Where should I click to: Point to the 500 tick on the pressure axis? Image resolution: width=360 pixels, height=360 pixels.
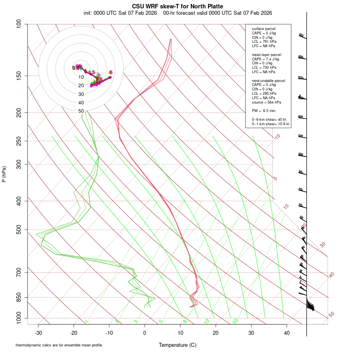pyautogui.click(x=19, y=230)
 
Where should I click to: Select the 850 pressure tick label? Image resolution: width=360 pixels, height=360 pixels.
pyautogui.click(x=19, y=297)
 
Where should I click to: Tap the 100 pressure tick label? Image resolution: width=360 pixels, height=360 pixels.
pyautogui.click(x=19, y=24)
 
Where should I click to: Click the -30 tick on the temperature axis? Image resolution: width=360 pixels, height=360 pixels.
pyautogui.click(x=38, y=332)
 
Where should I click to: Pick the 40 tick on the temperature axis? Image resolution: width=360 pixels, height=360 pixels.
pyautogui.click(x=286, y=332)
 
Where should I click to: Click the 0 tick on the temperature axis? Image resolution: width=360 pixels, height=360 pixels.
pyautogui.click(x=145, y=332)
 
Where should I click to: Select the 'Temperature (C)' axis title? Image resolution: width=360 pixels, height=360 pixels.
pyautogui.click(x=178, y=345)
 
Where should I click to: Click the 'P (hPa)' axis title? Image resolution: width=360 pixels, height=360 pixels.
pyautogui.click(x=4, y=174)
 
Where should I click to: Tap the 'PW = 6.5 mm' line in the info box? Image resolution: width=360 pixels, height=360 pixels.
pyautogui.click(x=264, y=110)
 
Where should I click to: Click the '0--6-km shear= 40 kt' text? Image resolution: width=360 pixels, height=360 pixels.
pyautogui.click(x=269, y=119)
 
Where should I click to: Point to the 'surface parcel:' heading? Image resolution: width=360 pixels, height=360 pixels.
pyautogui.click(x=264, y=29)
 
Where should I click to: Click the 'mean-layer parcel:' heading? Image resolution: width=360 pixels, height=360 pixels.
pyautogui.click(x=267, y=54)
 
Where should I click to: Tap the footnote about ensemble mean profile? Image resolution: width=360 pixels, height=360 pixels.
pyautogui.click(x=59, y=345)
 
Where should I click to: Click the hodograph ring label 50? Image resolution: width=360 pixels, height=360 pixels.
pyautogui.click(x=81, y=111)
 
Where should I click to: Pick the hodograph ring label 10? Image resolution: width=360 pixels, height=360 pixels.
pyautogui.click(x=81, y=77)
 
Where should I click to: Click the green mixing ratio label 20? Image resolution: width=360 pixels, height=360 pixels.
pyautogui.click(x=235, y=321)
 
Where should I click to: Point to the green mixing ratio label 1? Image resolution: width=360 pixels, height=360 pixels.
pyautogui.click(x=87, y=321)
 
